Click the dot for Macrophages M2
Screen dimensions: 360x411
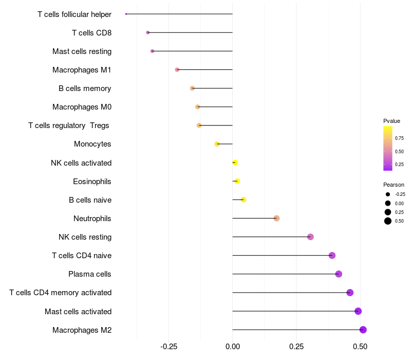click(x=363, y=330)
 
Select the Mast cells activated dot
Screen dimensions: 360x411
click(x=358, y=311)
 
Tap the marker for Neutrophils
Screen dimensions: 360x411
click(x=276, y=218)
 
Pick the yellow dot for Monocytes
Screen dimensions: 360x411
click(x=217, y=144)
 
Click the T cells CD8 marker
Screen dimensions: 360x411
click(x=148, y=32)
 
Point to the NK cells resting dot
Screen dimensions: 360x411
click(x=310, y=237)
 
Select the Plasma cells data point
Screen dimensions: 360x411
click(x=339, y=274)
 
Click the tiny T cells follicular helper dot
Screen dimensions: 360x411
click(x=126, y=14)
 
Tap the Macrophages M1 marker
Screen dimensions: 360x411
click(x=177, y=69)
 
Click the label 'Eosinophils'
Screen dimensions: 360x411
click(x=92, y=182)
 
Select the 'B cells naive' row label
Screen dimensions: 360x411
click(x=90, y=200)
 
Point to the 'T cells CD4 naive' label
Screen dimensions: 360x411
click(x=82, y=256)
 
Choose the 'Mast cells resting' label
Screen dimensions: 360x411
click(x=82, y=51)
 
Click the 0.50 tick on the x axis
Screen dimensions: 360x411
click(x=360, y=347)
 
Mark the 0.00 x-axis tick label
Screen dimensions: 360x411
click(x=233, y=347)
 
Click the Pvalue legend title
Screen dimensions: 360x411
click(x=391, y=121)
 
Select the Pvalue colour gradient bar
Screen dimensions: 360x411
click(x=388, y=148)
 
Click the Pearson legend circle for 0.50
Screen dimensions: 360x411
click(x=388, y=221)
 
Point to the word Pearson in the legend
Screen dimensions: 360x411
click(x=394, y=185)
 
